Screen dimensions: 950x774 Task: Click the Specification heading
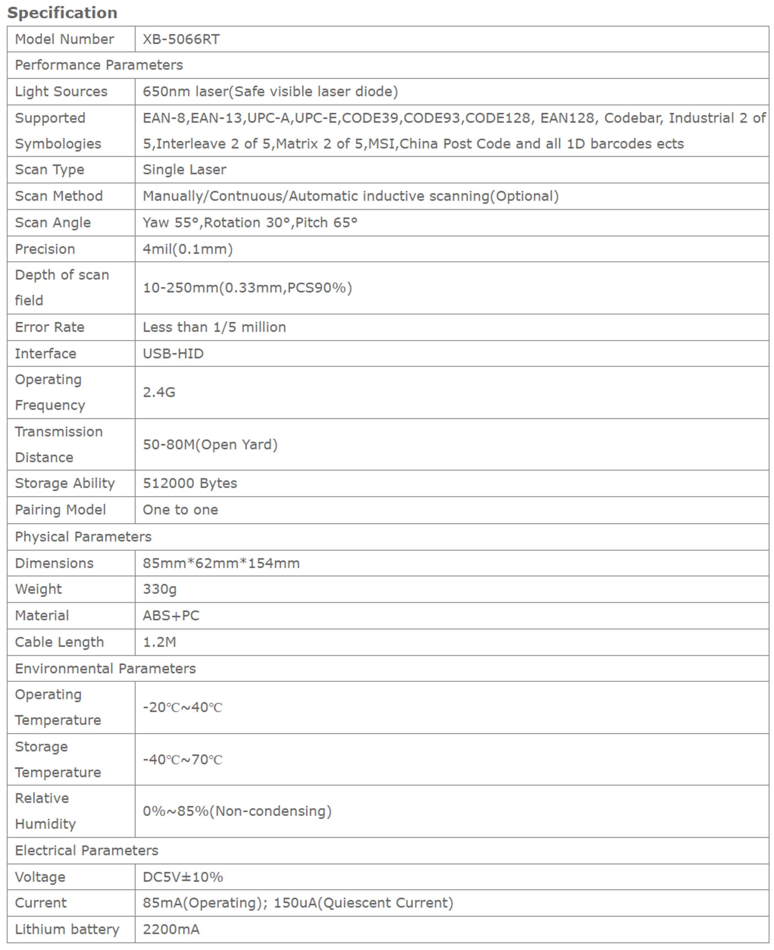62,13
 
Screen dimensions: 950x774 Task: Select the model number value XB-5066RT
181,39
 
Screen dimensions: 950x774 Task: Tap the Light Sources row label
61,91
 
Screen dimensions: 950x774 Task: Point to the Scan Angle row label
53,222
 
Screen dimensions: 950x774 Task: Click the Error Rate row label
49,327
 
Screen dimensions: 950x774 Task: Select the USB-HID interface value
173,354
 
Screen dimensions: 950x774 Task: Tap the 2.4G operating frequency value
159,392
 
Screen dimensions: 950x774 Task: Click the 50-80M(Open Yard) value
210,445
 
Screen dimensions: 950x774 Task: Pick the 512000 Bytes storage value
190,483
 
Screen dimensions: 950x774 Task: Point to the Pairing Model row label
60,510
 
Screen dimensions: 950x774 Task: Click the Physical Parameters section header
83,536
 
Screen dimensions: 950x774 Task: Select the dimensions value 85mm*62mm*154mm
221,563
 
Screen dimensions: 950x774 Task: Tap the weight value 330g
160,589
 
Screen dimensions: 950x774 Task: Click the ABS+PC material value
171,616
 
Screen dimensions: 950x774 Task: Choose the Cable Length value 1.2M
159,642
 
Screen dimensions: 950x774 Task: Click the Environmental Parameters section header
105,668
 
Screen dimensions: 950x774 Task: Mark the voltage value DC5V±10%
183,877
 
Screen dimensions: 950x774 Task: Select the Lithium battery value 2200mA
171,929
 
